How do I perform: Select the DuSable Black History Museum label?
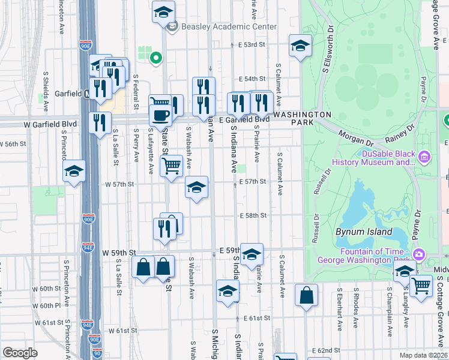tap(388, 157)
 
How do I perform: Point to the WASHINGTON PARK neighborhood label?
tap(303, 118)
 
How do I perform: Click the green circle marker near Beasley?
tap(156, 59)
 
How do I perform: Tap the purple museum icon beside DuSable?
tap(425, 157)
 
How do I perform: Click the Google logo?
tap(20, 353)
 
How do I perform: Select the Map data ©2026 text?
tap(424, 355)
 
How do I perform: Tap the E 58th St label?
tap(252, 215)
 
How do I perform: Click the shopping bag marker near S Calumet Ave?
tap(307, 295)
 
